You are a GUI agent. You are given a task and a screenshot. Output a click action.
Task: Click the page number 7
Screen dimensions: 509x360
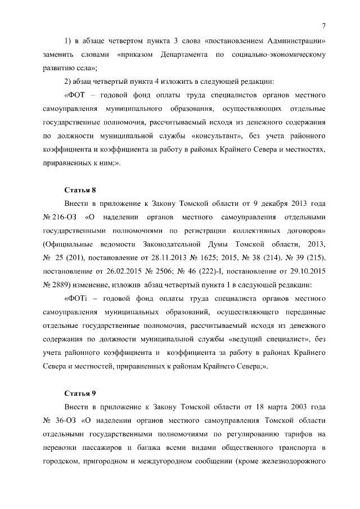(325, 25)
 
